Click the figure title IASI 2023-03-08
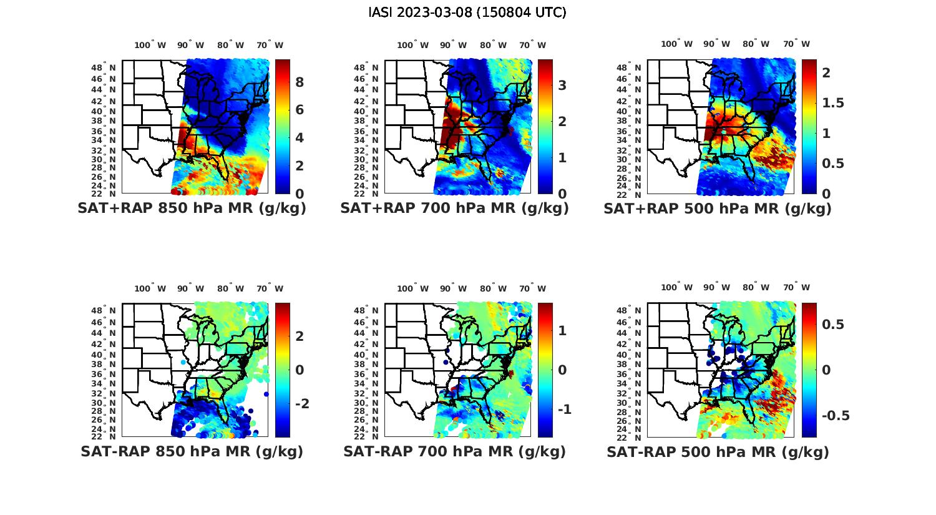click(467, 12)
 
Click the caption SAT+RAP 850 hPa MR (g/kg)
click(192, 208)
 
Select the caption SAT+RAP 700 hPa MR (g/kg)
click(454, 208)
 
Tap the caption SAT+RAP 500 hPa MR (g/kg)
click(718, 208)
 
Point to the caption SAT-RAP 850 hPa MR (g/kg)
click(192, 451)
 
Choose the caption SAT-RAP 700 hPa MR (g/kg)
click(454, 451)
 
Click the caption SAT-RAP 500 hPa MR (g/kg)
click(718, 451)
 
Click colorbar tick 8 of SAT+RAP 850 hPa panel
click(300, 82)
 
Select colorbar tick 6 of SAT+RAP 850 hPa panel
click(300, 110)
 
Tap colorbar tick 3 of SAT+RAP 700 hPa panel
click(562, 85)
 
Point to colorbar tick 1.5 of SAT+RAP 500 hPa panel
click(832, 102)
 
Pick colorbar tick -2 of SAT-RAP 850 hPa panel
click(302, 404)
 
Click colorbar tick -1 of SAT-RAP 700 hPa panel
click(564, 410)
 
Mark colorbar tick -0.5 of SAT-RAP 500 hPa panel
click(835, 416)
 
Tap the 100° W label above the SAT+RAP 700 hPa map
click(412, 45)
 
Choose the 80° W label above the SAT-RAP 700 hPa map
click(493, 288)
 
